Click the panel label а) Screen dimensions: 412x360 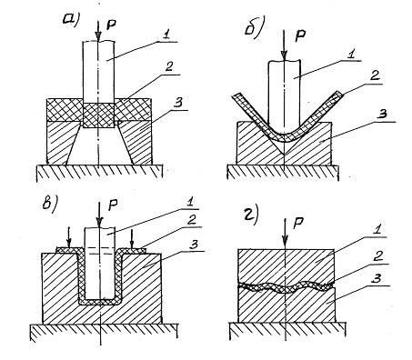click(x=70, y=20)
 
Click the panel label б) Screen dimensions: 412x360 click(x=254, y=30)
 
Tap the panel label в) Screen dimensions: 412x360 click(x=49, y=203)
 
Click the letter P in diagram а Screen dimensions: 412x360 click(x=111, y=25)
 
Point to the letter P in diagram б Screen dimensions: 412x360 click(x=300, y=36)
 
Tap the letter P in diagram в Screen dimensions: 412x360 click(x=113, y=206)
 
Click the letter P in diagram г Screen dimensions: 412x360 click(x=298, y=225)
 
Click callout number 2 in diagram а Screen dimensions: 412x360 click(x=169, y=67)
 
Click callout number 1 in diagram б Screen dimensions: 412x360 click(x=350, y=55)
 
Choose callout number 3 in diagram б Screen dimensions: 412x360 click(x=383, y=115)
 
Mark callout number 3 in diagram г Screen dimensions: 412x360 click(x=377, y=280)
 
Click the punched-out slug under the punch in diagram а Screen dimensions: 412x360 click(x=98, y=115)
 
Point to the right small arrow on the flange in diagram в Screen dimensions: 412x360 click(x=132, y=238)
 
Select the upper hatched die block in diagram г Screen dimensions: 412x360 click(x=286, y=266)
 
